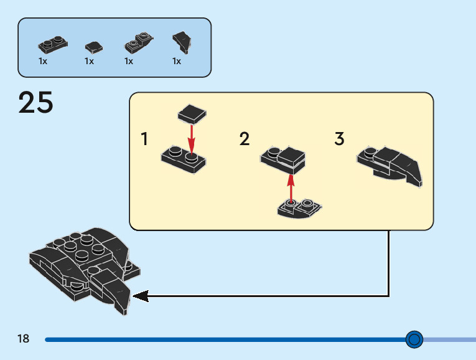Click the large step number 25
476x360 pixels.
[x=36, y=103]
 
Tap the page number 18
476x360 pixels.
[x=24, y=339]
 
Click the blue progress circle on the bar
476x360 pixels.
[x=414, y=339]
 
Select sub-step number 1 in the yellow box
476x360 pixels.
[x=145, y=139]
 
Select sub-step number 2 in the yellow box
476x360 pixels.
[x=245, y=139]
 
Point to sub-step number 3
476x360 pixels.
[x=339, y=139]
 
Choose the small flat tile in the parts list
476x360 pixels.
[x=93, y=46]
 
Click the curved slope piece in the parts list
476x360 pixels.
[x=182, y=42]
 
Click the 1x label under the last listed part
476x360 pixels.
[x=177, y=61]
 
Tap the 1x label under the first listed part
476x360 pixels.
[x=43, y=61]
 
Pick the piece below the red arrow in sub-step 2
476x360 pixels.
[x=299, y=208]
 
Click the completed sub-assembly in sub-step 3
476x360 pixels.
[x=390, y=165]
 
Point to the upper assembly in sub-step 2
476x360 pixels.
[x=284, y=159]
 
